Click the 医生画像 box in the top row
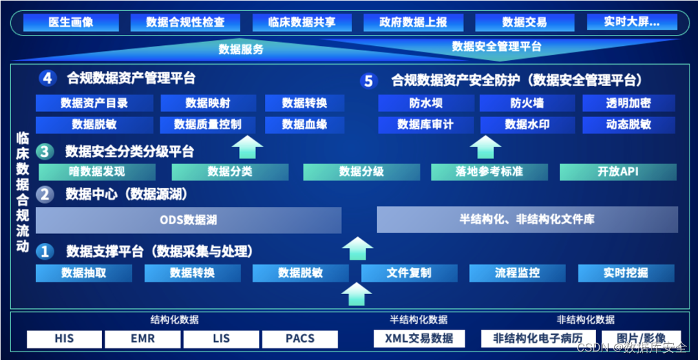point(71,23)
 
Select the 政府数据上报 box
point(414,23)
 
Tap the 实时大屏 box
point(631,23)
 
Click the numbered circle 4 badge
point(48,79)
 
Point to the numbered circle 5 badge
point(368,81)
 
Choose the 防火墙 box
point(527,103)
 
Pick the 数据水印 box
point(527,125)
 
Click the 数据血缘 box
point(304,125)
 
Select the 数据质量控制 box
point(207,125)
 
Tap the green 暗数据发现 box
point(97,172)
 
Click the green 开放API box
point(618,172)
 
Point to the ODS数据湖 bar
point(188,220)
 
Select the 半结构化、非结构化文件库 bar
point(527,220)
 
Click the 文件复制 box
point(409,273)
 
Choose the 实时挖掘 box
point(626,273)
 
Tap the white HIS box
point(64,339)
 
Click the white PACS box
point(300,339)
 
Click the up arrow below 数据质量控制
point(247,147)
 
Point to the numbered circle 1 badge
point(45,251)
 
